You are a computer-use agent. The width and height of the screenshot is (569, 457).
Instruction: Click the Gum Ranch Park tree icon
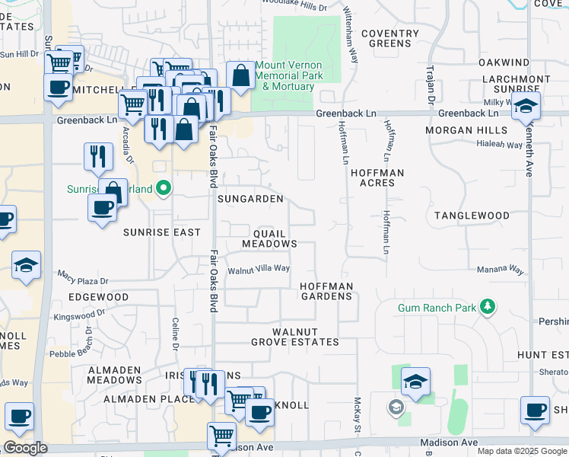(488, 308)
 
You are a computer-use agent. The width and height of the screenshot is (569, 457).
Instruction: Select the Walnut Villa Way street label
(259, 269)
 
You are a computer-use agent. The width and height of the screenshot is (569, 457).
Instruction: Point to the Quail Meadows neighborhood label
(269, 238)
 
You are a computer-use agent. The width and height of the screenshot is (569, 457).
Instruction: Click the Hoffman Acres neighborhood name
(377, 178)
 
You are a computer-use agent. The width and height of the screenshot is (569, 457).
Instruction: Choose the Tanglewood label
(472, 216)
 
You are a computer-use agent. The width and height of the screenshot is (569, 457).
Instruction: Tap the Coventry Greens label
(390, 39)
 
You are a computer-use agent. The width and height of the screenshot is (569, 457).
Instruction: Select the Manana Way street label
(501, 270)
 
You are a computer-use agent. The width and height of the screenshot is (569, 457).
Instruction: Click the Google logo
(25, 448)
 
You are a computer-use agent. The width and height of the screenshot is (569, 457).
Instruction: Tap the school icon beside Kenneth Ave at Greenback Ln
(526, 107)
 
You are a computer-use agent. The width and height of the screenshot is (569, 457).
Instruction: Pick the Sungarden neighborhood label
(250, 199)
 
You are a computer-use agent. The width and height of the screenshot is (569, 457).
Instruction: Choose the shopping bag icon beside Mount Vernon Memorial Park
(240, 75)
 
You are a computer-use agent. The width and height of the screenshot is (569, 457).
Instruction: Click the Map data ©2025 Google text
(522, 451)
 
